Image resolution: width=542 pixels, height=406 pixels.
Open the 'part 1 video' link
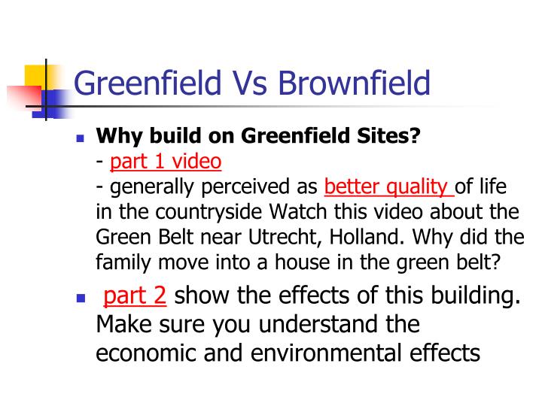166,161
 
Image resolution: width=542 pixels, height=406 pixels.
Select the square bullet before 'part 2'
82,298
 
